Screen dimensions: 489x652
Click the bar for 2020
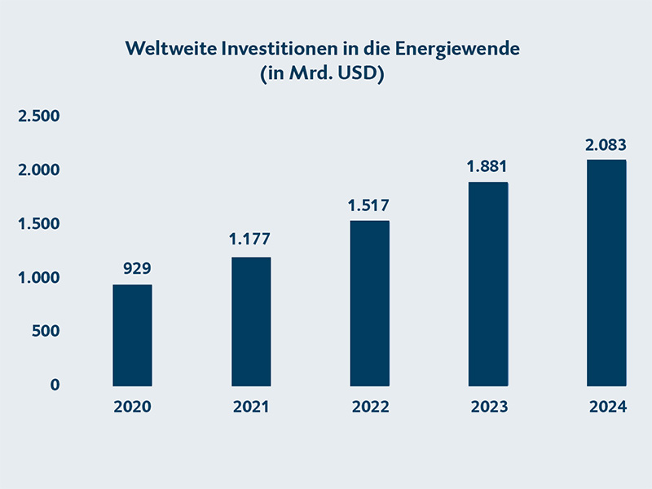[x=132, y=335]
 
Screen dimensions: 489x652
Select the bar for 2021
[x=251, y=321]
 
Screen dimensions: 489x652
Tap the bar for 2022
[x=369, y=303]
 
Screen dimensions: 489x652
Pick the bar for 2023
[x=488, y=284]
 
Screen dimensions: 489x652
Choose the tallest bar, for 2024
[x=606, y=272]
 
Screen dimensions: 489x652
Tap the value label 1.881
[x=487, y=166]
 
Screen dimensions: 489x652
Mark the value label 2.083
[x=606, y=145]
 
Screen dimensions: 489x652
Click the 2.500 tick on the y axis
[x=40, y=117]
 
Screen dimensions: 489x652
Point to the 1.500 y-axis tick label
[x=40, y=224]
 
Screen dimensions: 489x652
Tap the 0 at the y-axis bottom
[x=55, y=385]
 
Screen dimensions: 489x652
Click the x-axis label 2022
[x=370, y=407]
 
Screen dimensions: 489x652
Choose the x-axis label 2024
[x=607, y=407]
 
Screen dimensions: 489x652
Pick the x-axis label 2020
[x=132, y=407]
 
